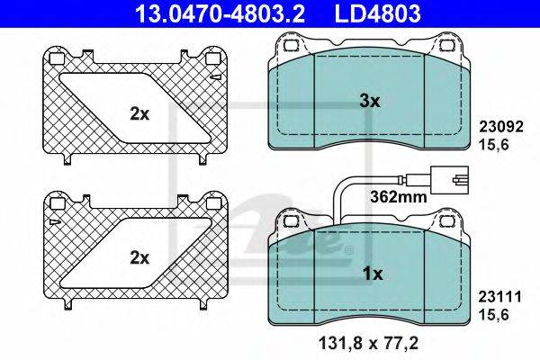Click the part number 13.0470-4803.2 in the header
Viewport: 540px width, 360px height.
point(220,13)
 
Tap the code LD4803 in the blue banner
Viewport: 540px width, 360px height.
point(377,13)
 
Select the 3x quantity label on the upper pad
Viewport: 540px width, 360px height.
point(369,102)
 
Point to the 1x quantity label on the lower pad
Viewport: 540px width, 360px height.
point(373,274)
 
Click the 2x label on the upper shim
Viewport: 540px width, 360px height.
point(139,114)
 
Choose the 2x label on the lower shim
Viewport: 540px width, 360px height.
point(139,257)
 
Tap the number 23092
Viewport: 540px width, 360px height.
point(501,127)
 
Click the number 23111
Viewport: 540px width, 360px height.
point(500,296)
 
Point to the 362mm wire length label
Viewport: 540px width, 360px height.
point(399,197)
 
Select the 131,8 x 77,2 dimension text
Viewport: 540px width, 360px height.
point(369,344)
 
